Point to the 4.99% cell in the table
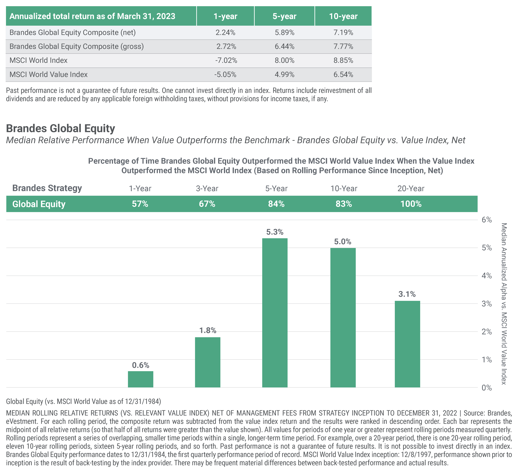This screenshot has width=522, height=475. point(285,75)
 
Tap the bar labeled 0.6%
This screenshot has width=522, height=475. point(141,379)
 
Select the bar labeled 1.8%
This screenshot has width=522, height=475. point(208,362)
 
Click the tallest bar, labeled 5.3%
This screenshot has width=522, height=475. point(275,313)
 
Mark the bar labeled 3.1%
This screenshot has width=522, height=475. point(407,344)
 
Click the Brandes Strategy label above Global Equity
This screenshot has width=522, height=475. point(47,188)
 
